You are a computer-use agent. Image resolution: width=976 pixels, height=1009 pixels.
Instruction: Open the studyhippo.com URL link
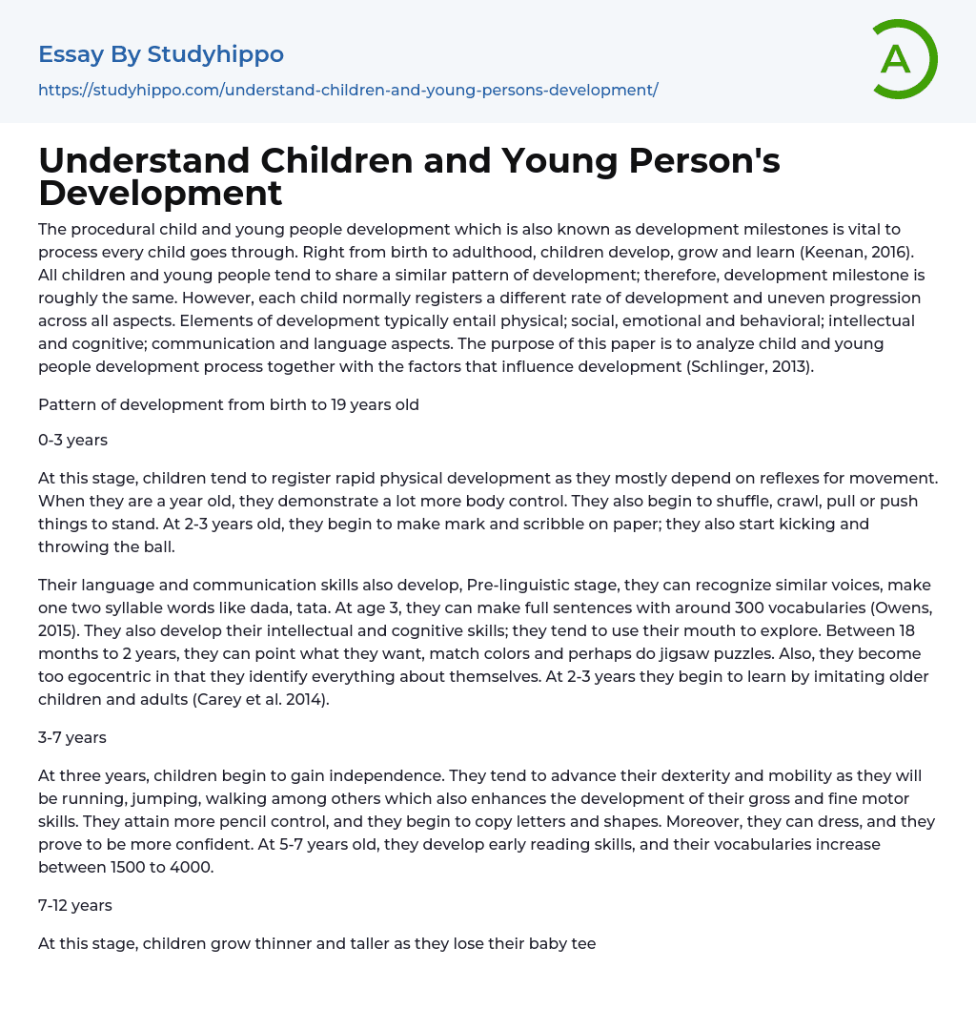(348, 90)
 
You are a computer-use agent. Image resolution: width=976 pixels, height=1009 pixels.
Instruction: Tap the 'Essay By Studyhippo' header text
(161, 54)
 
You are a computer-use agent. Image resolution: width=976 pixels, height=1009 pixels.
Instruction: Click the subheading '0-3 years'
(72, 441)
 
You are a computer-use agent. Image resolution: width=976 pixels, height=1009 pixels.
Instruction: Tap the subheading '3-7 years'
(72, 737)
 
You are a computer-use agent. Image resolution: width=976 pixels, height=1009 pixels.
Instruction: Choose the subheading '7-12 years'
(75, 905)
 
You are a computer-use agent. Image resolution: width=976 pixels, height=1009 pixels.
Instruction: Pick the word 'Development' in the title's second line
(160, 193)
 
